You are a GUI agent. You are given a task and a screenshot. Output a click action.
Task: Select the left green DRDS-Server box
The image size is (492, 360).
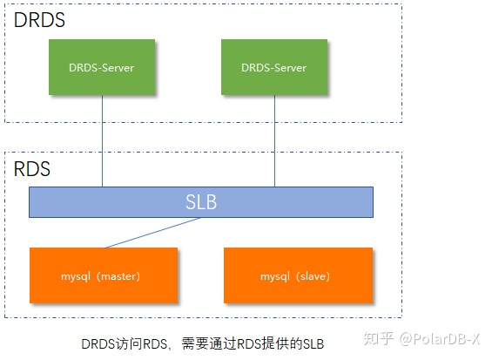tap(102, 67)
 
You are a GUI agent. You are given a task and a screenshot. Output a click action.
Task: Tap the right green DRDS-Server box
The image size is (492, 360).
tap(274, 67)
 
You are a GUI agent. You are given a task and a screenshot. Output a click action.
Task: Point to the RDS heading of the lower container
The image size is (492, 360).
tap(32, 169)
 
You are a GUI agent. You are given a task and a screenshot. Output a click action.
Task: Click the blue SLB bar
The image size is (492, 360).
tap(201, 202)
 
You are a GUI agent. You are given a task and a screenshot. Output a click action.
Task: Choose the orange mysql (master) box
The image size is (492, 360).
tap(104, 276)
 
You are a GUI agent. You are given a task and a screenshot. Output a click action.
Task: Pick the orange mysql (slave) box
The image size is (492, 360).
tap(298, 276)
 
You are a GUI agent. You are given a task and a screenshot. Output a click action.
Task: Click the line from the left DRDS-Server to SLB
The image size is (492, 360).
tap(102, 139)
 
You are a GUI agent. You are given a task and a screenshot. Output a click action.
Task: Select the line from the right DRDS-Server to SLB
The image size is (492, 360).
tap(274, 139)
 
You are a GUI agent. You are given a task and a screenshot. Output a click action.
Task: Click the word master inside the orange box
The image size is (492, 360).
tap(119, 276)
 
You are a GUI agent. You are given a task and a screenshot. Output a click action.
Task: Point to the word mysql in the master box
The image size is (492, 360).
tap(79, 276)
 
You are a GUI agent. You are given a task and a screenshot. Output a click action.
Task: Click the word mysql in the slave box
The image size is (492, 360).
tap(275, 276)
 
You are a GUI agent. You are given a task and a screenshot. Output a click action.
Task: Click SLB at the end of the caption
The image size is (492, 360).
tap(311, 344)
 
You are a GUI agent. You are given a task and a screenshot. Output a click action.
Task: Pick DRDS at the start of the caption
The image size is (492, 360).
tap(98, 344)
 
